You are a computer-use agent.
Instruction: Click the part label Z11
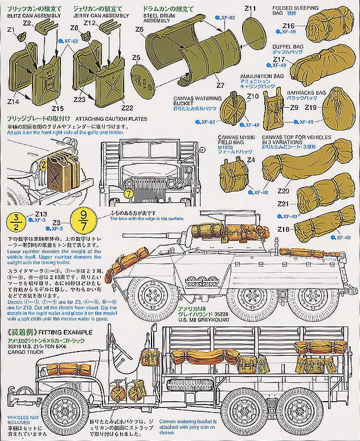point(251,9)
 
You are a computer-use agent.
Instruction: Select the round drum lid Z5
point(142,81)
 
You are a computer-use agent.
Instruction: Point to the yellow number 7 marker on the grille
point(129,193)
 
